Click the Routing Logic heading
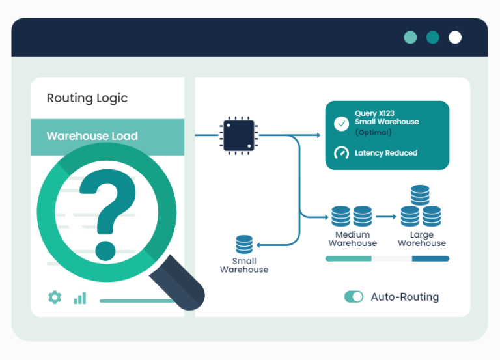click(87, 98)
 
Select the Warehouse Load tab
click(92, 136)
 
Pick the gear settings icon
click(55, 298)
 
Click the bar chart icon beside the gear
click(79, 298)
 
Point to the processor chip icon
click(237, 135)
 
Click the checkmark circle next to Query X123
click(341, 123)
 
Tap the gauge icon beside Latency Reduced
click(341, 153)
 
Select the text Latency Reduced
click(386, 153)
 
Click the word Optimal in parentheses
click(373, 132)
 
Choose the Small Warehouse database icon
click(244, 245)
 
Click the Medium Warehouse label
click(352, 239)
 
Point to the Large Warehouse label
click(421, 239)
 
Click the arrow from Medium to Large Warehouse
click(386, 216)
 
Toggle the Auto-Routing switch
click(354, 297)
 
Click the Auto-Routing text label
click(404, 297)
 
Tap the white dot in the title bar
click(455, 37)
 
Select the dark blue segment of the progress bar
click(430, 258)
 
